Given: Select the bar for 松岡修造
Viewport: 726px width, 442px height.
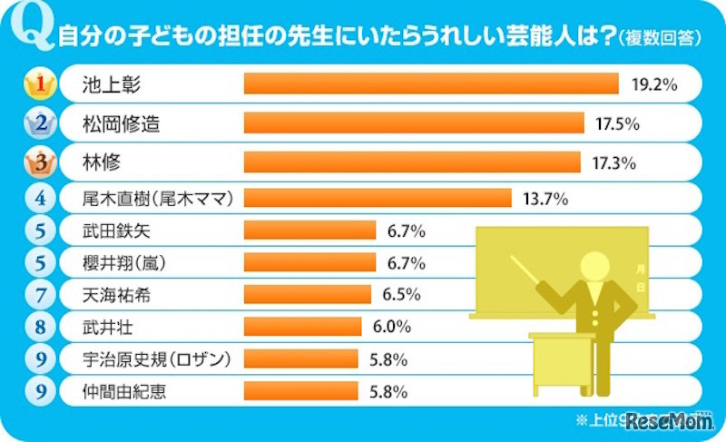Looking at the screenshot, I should [414, 123].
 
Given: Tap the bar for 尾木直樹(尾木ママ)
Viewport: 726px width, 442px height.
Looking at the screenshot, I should [378, 197].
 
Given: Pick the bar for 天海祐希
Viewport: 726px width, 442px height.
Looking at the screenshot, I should [308, 294].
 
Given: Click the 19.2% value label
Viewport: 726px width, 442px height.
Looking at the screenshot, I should [654, 84].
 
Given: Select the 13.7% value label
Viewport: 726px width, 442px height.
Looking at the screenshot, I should [544, 197].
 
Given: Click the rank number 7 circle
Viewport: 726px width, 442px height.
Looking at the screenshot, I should [38, 294].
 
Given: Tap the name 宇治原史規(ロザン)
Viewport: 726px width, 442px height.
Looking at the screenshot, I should [149, 359].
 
